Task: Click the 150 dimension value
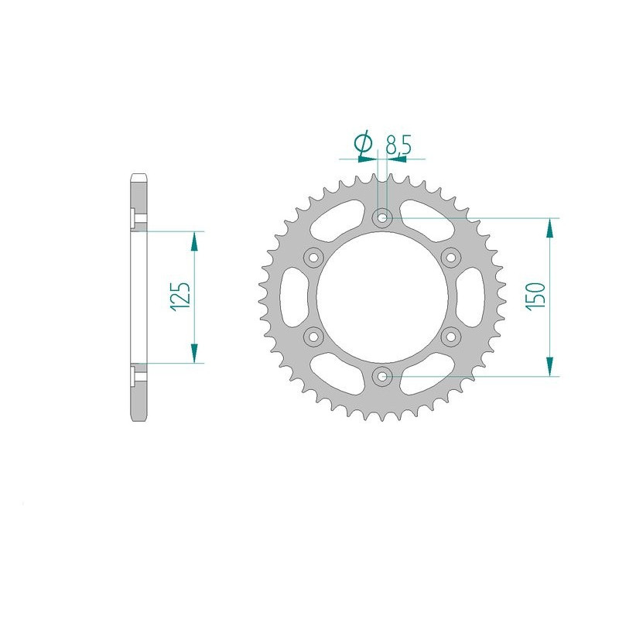[x=537, y=296]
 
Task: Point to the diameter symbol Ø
[x=362, y=143]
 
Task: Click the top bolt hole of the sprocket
[x=382, y=218]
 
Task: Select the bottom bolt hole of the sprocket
[x=382, y=376]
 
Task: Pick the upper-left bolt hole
[x=313, y=258]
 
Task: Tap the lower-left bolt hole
[x=313, y=336]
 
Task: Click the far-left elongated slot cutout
[x=296, y=297]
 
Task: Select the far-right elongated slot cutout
[x=468, y=297]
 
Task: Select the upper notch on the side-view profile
[x=132, y=219]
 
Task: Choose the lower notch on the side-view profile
[x=132, y=375]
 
